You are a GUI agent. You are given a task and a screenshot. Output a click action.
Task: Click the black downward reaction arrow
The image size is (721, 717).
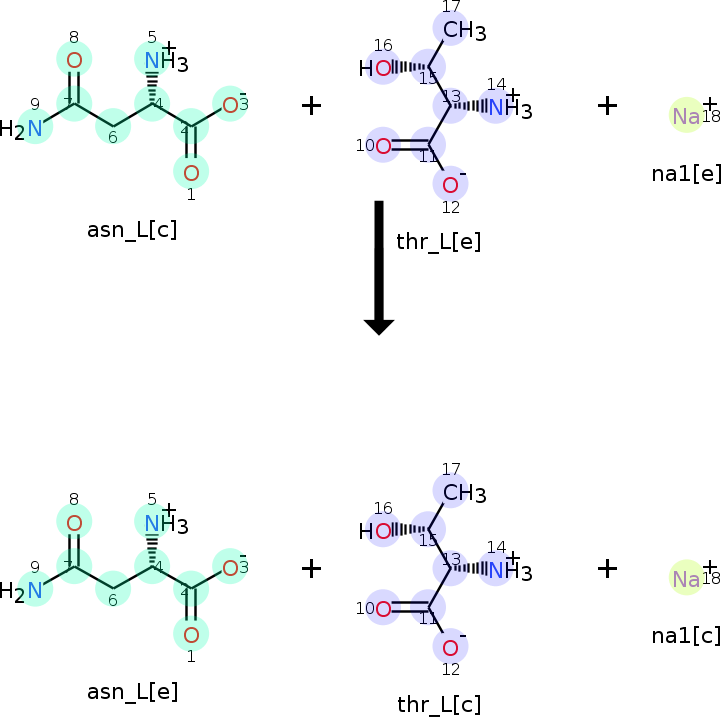point(379,266)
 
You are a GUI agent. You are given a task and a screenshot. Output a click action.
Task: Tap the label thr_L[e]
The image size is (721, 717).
point(438,241)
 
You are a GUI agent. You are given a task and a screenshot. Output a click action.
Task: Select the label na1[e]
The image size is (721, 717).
point(686,173)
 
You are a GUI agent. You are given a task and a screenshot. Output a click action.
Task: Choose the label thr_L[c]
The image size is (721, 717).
point(438,704)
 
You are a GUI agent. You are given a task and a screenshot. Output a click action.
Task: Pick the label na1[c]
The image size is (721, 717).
point(686,635)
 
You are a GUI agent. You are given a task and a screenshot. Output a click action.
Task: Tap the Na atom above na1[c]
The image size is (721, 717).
point(686,579)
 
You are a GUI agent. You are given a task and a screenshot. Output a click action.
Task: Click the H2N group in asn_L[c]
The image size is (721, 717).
point(24,129)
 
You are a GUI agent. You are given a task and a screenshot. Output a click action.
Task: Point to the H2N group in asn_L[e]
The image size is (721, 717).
point(24,591)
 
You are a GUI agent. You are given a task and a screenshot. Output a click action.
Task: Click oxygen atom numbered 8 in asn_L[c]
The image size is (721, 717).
point(74,60)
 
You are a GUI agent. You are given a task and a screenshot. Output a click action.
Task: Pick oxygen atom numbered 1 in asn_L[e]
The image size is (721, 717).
point(191,634)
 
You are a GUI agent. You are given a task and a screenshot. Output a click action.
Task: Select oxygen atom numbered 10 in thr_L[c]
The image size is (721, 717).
point(382,608)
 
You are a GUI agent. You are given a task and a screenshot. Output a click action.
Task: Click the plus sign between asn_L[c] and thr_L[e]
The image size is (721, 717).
point(311,105)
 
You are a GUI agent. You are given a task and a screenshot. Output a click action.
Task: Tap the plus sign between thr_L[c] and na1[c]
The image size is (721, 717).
point(607,568)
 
